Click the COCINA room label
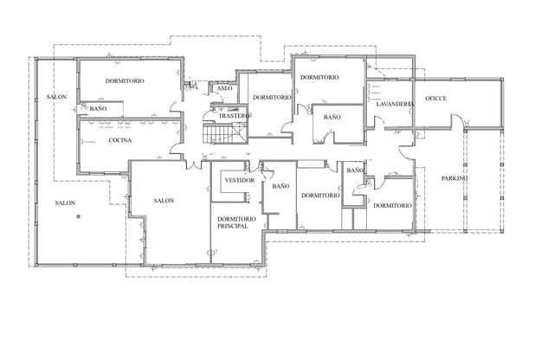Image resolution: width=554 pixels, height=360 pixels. tap(119, 140)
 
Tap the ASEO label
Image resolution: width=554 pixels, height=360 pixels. tap(224, 88)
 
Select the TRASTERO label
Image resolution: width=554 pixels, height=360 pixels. tap(234, 115)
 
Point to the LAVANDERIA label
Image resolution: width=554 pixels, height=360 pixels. tap(395, 103)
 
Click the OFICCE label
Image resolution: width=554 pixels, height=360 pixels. tap(435, 99)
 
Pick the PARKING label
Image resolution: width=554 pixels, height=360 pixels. tap(454, 178)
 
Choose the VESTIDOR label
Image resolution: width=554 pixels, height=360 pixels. tap(239, 180)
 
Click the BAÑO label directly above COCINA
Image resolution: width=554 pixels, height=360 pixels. tap(98, 109)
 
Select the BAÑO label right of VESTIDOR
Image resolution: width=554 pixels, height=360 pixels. tap(280, 186)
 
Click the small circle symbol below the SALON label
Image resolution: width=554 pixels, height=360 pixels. tap(78, 216)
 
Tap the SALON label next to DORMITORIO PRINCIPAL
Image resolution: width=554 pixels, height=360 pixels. tap(164, 201)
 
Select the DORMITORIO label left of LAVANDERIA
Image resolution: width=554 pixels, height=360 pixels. tap(319, 77)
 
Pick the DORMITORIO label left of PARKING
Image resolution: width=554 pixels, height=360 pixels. tap(392, 205)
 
